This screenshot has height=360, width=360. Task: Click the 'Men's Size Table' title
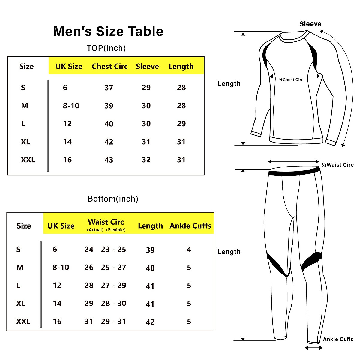(108, 31)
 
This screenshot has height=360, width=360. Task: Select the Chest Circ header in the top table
(109, 66)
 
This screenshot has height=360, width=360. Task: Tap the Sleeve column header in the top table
(147, 66)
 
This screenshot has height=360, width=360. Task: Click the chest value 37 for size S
(109, 88)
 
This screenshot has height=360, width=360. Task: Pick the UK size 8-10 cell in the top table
(71, 106)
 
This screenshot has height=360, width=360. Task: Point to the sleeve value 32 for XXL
(146, 160)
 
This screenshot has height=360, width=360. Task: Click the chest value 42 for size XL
(109, 142)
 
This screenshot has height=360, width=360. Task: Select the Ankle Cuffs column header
(190, 226)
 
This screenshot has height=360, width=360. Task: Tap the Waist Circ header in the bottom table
(106, 222)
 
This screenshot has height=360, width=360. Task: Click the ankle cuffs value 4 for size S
(189, 249)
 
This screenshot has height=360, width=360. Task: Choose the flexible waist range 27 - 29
(113, 285)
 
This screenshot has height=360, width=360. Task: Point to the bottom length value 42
(150, 322)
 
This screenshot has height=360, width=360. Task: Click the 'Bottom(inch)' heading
(113, 199)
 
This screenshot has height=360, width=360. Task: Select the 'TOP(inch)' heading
(106, 48)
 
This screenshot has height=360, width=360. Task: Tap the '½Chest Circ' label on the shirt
(291, 80)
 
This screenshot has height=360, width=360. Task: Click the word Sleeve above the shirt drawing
(310, 24)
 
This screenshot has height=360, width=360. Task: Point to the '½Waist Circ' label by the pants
(337, 165)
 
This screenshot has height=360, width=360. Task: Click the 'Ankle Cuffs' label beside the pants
(338, 339)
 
